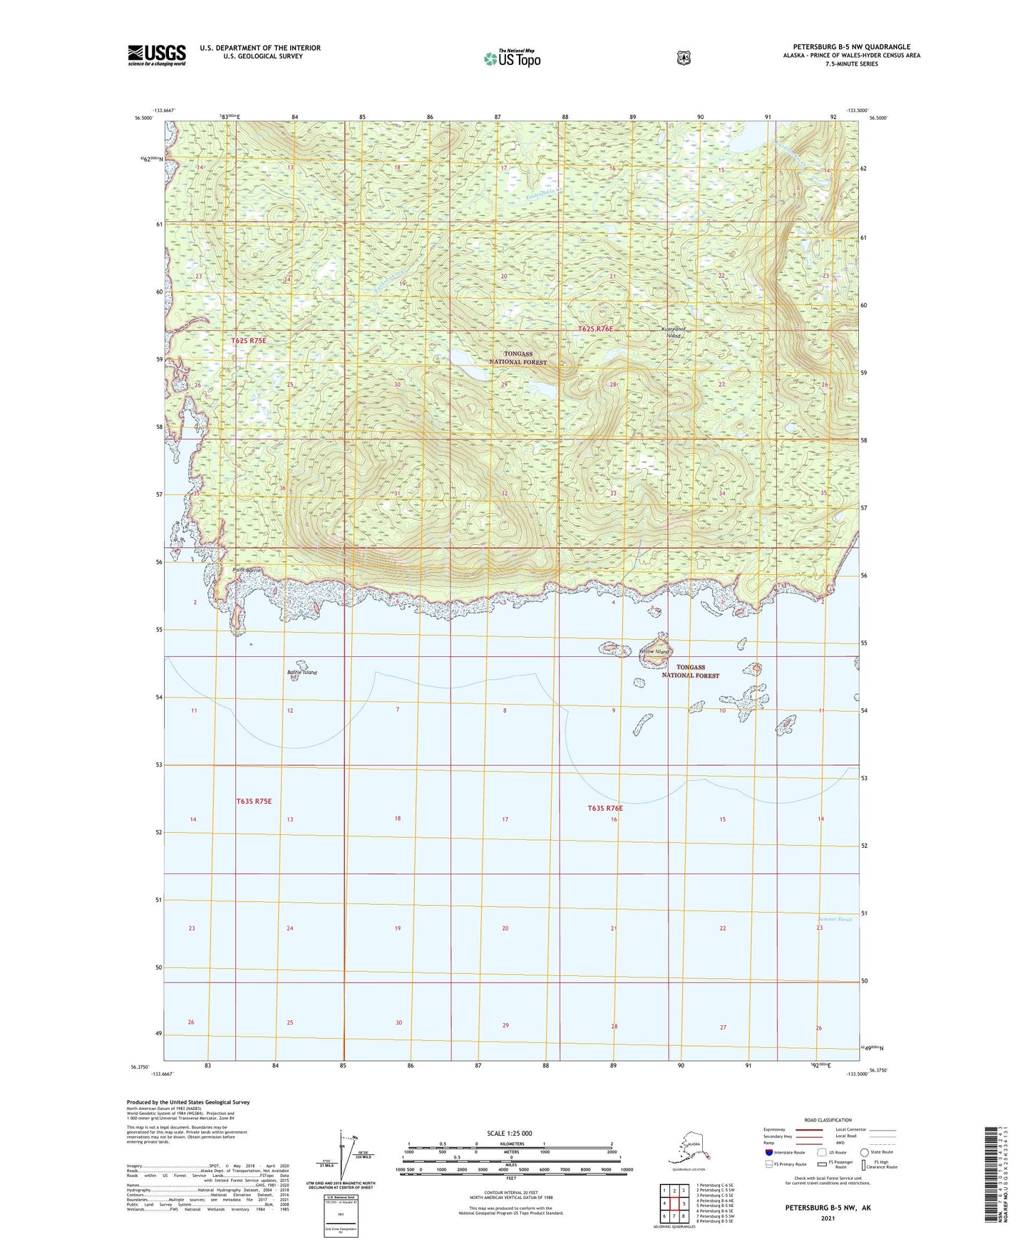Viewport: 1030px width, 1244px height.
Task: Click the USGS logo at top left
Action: pyautogui.click(x=156, y=55)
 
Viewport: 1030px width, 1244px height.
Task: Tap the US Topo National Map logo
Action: pyautogui.click(x=512, y=58)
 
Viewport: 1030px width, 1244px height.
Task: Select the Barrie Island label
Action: pyautogui.click(x=302, y=673)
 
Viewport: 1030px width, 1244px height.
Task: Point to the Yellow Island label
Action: pyautogui.click(x=654, y=652)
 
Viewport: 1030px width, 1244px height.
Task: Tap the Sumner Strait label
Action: pyautogui.click(x=834, y=919)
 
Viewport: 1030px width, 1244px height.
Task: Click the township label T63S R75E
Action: pyautogui.click(x=254, y=802)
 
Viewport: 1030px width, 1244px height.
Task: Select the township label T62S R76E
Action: pyautogui.click(x=595, y=328)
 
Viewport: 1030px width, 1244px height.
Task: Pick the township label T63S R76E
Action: pyautogui.click(x=605, y=808)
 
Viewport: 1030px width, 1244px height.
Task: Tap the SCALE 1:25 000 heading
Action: pyautogui.click(x=509, y=1133)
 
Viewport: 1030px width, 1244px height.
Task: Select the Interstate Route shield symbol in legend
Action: pyautogui.click(x=768, y=1152)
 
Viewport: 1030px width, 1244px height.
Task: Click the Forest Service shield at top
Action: pyautogui.click(x=684, y=57)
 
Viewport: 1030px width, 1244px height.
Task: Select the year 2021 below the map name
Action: pyautogui.click(x=828, y=1218)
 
